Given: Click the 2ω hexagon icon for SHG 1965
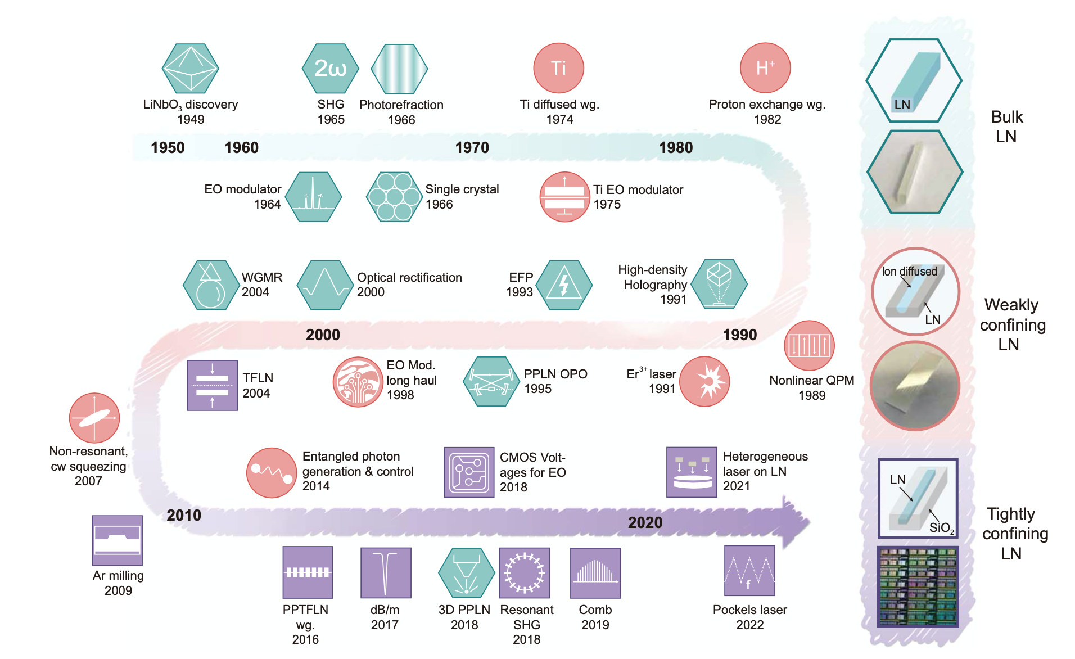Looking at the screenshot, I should (x=331, y=69).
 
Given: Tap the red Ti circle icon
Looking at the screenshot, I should (x=558, y=68).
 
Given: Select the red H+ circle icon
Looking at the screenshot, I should (x=765, y=68).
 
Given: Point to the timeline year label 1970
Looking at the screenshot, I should (x=472, y=148).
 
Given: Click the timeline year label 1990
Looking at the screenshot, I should (x=739, y=335).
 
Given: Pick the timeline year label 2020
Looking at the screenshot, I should (x=645, y=523).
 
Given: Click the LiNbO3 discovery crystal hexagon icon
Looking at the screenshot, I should (x=190, y=69).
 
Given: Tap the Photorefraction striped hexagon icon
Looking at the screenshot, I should (x=399, y=69).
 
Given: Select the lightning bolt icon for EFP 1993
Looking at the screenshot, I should (x=564, y=285).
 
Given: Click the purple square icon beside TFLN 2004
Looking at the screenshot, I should (x=212, y=385).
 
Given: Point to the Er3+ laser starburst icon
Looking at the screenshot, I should (x=704, y=382).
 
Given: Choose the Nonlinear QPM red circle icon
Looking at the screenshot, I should (x=809, y=345).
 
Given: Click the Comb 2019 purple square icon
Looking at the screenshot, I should (x=595, y=573).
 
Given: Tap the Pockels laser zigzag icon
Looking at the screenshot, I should (x=749, y=571).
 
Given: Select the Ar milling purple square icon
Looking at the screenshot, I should (x=117, y=540).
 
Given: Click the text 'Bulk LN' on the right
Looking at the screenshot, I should (x=1006, y=127).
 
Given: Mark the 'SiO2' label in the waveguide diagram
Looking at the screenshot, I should (x=941, y=528).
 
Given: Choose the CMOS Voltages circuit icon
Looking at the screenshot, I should (x=469, y=472).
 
